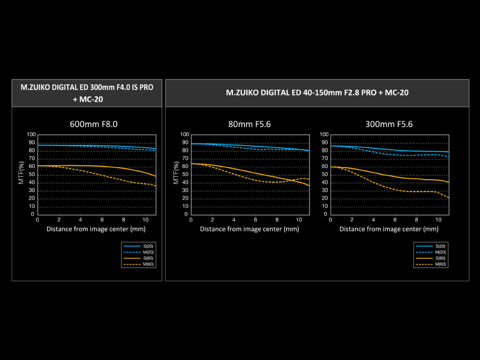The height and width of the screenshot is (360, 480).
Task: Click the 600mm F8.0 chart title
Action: click(94, 124)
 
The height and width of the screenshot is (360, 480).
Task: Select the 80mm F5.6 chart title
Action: click(249, 124)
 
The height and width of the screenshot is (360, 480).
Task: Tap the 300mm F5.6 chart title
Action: click(389, 124)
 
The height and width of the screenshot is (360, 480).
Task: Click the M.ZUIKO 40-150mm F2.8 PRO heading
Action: click(317, 93)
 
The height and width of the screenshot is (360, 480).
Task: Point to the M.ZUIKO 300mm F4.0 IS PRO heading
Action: click(87, 93)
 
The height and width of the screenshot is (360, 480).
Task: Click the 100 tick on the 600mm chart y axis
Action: click(31, 134)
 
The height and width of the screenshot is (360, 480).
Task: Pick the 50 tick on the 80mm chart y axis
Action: click(185, 174)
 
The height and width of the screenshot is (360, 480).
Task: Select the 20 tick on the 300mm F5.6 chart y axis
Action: click(325, 198)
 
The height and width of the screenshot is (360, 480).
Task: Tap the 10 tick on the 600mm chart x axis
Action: click(146, 220)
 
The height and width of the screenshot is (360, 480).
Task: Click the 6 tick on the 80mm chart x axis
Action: click(256, 220)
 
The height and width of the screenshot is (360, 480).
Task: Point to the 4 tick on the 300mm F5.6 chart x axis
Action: click(373, 220)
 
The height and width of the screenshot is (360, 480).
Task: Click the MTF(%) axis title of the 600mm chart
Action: click(21, 173)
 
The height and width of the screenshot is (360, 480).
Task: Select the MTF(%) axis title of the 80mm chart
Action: click(176, 173)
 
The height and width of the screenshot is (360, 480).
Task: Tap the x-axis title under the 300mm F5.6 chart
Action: click(389, 229)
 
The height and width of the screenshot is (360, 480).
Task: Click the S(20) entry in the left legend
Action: click(138, 246)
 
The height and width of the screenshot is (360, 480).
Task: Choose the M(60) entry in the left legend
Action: click(138, 264)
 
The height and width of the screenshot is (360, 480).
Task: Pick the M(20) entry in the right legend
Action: click(430, 252)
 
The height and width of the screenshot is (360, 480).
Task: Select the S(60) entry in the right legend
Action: click(430, 258)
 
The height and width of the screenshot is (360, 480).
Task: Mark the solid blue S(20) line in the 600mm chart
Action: click(96, 146)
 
